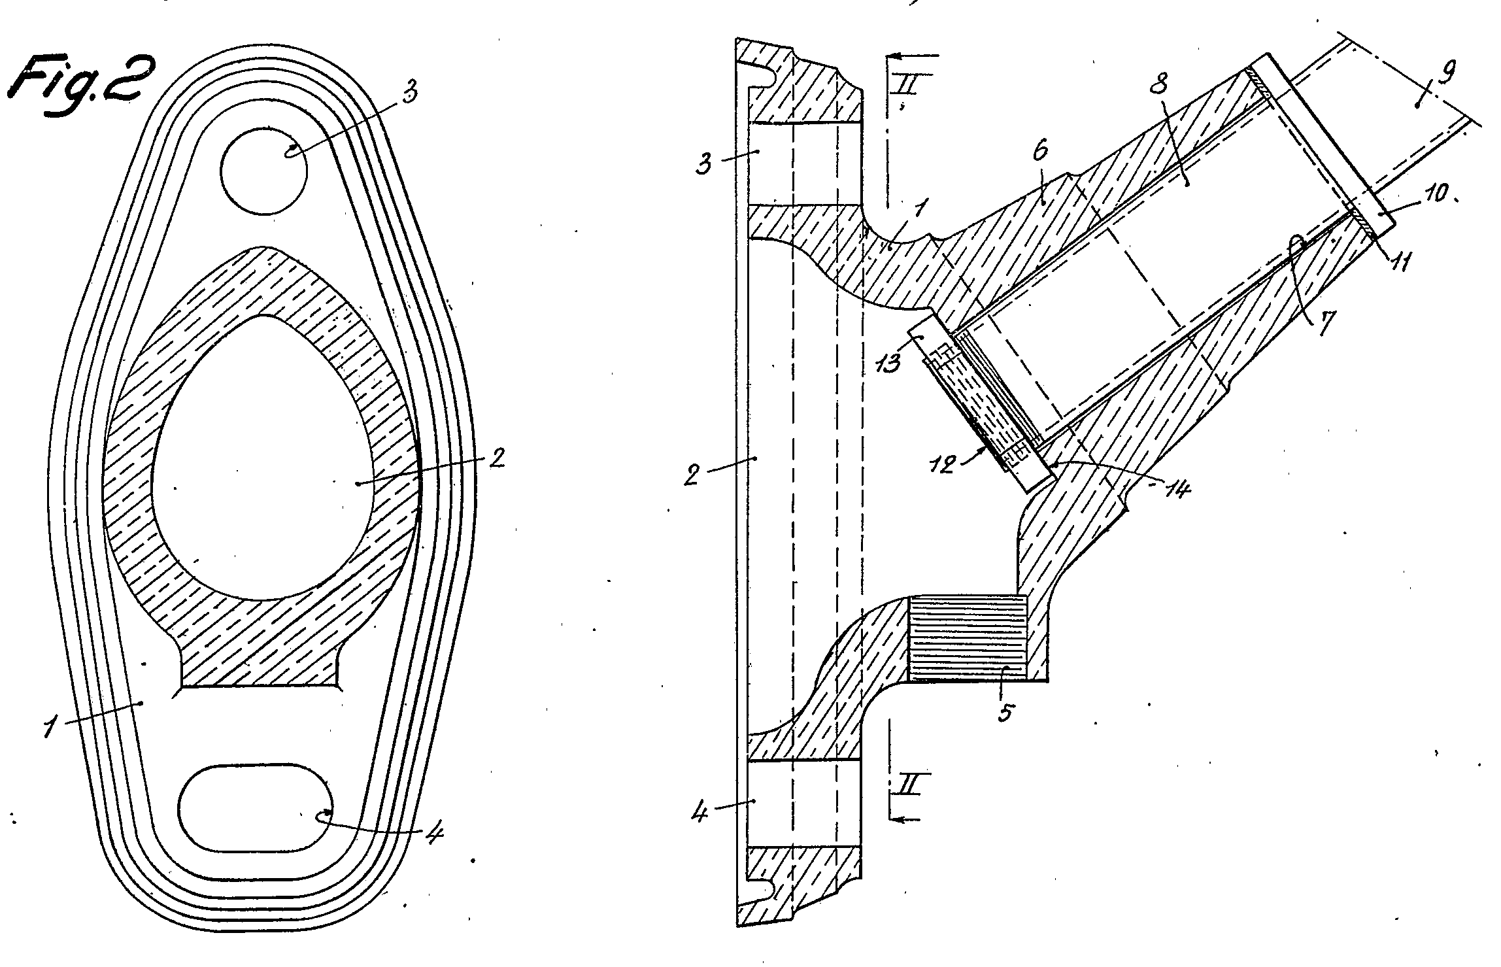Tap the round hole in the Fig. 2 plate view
(x=264, y=169)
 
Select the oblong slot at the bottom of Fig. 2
(x=256, y=807)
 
